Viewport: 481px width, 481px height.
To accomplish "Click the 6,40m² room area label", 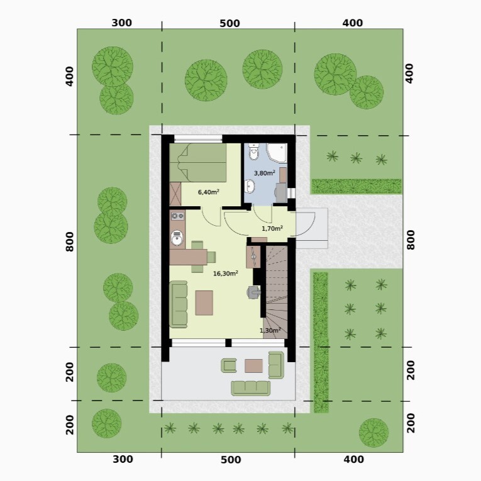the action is [208, 192].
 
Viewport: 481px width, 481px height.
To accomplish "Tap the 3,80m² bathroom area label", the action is [265, 173].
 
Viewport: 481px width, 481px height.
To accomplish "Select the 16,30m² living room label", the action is [226, 274].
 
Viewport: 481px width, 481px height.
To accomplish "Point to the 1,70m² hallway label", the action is [272, 228].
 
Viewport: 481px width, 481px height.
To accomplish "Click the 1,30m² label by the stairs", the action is [270, 330].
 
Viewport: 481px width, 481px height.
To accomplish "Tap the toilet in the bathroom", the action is [253, 152].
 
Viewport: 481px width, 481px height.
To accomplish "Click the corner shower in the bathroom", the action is [277, 153].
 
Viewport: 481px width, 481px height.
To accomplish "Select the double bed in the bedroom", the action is [198, 163].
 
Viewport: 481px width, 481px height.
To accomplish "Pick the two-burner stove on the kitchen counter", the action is [177, 216].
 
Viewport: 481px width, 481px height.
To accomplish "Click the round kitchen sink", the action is [177, 238].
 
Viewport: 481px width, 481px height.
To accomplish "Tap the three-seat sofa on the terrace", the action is [251, 388].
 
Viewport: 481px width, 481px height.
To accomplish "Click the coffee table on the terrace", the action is [253, 366].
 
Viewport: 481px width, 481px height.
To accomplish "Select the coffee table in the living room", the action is [204, 303].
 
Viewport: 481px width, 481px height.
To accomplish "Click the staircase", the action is [276, 292].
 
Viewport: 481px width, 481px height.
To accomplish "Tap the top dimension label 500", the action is [229, 23].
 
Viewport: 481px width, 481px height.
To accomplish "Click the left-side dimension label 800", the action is [70, 241].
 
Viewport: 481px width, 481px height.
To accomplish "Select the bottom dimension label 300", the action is [123, 459].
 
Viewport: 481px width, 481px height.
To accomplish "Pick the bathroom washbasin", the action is [250, 187].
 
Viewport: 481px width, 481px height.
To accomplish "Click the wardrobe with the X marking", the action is [175, 194].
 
